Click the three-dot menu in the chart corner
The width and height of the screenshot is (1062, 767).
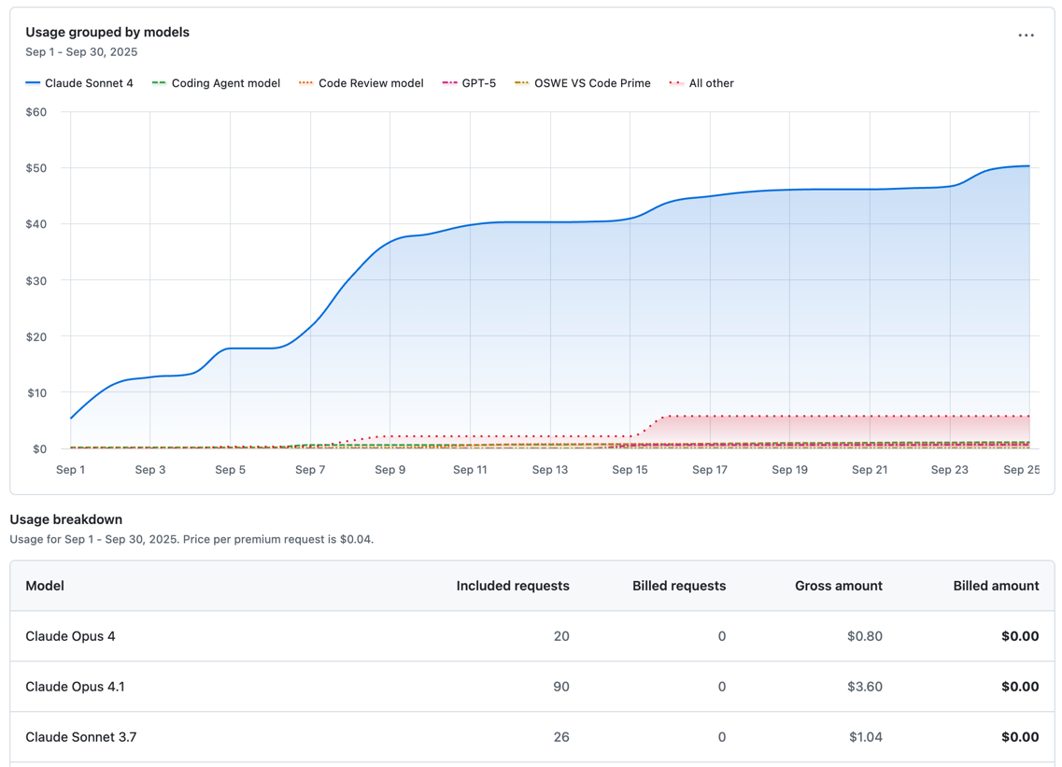tap(1026, 36)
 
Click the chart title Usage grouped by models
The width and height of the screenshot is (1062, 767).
tap(107, 32)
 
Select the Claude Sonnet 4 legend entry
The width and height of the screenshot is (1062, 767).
tap(79, 83)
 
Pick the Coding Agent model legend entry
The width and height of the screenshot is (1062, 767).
tap(216, 83)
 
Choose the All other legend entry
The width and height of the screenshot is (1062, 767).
tap(701, 83)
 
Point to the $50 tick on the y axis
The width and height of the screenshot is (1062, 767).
tap(35, 168)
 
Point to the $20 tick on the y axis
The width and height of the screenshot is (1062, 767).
tap(35, 336)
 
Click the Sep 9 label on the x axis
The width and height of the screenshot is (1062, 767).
tap(389, 470)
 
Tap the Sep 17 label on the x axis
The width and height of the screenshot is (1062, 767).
tap(709, 470)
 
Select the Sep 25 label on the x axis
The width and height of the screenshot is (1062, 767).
tap(1020, 470)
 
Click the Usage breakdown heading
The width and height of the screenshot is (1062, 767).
tap(65, 519)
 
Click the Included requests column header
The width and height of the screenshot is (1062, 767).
tap(512, 586)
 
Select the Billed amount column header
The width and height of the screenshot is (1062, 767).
tap(996, 586)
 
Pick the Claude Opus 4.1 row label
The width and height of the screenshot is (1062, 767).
tap(75, 687)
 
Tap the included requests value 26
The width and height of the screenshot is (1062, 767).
tap(560, 737)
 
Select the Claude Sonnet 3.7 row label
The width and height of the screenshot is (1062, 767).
tap(80, 737)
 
